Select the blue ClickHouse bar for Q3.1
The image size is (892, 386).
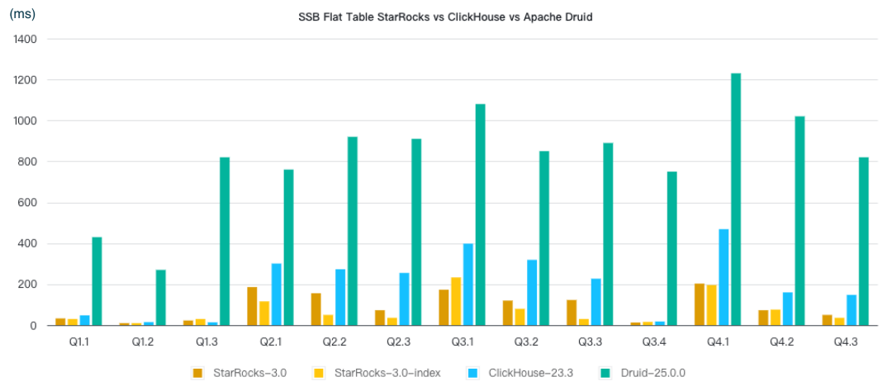click(x=468, y=285)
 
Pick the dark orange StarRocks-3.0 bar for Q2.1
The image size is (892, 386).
click(x=252, y=306)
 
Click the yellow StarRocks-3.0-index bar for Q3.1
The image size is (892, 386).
click(x=456, y=301)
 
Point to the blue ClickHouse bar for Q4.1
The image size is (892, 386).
click(x=724, y=277)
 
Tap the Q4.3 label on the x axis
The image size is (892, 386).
click(x=844, y=341)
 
